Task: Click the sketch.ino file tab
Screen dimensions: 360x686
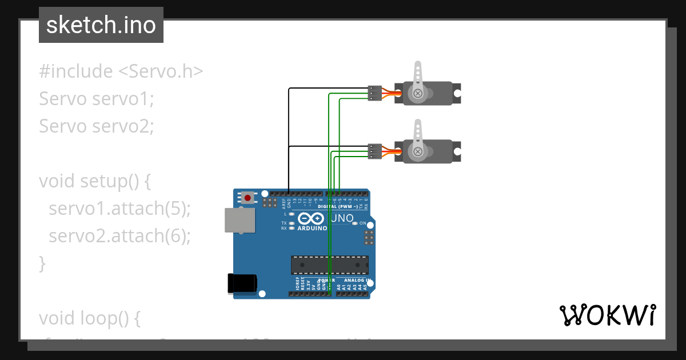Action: (x=101, y=25)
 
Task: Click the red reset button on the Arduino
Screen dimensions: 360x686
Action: (x=248, y=198)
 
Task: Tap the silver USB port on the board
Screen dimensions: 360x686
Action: (x=240, y=220)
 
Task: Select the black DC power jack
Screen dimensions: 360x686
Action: (x=242, y=283)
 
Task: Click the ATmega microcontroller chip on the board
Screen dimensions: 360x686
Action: (x=329, y=265)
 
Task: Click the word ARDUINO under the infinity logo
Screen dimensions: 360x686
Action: (x=312, y=228)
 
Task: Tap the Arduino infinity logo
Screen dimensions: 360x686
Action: (x=312, y=218)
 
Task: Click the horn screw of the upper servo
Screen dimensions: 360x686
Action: (x=418, y=93)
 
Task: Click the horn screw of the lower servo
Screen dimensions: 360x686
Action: (x=418, y=151)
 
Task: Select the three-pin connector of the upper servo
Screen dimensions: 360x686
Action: (x=374, y=93)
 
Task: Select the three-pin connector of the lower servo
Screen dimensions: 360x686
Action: (x=374, y=151)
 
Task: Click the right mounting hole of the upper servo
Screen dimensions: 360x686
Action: (x=457, y=93)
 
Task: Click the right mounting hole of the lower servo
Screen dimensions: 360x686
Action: (x=457, y=151)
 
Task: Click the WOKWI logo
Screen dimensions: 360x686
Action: (x=607, y=315)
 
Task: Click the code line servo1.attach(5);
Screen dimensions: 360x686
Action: (x=119, y=209)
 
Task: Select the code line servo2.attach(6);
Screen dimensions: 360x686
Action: (x=119, y=235)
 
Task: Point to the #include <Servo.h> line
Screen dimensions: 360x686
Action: (x=121, y=71)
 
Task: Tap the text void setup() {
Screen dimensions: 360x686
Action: (x=94, y=181)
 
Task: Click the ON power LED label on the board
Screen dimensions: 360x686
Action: (x=362, y=223)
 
